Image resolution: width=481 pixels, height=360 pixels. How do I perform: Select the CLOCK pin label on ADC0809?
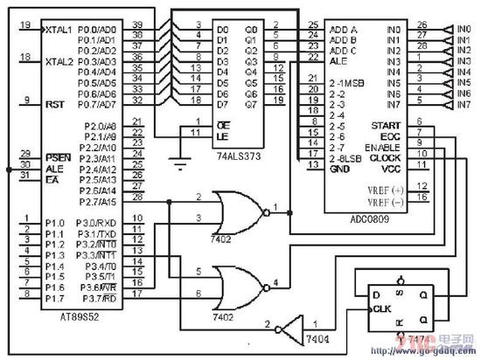[385, 158]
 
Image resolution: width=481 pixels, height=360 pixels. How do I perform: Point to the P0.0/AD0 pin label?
[101, 30]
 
